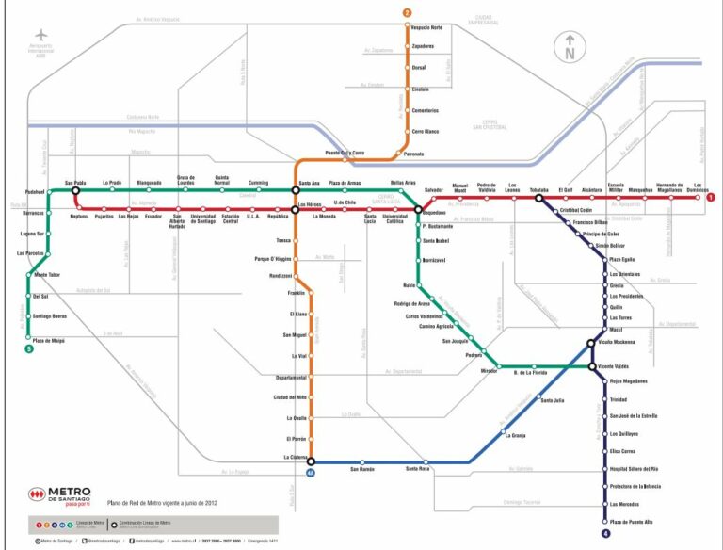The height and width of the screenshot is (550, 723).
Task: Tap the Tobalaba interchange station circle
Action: point(539,199)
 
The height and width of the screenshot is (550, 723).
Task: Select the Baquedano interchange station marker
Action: point(418,210)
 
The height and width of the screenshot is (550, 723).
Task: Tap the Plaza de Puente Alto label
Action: point(631,521)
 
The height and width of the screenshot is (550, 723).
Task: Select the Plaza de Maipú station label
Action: point(48,339)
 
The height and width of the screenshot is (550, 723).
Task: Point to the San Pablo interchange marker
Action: point(75,189)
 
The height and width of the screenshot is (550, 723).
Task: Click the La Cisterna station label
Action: point(296,457)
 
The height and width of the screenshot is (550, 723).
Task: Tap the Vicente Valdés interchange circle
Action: point(592,365)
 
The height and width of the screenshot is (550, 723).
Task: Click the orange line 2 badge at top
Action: point(408,12)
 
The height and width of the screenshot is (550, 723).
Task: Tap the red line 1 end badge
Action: point(711,198)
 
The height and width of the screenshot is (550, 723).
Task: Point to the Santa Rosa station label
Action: point(418,469)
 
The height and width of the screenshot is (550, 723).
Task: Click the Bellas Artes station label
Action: point(404,182)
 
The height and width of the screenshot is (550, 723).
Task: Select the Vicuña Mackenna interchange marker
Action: point(591,344)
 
